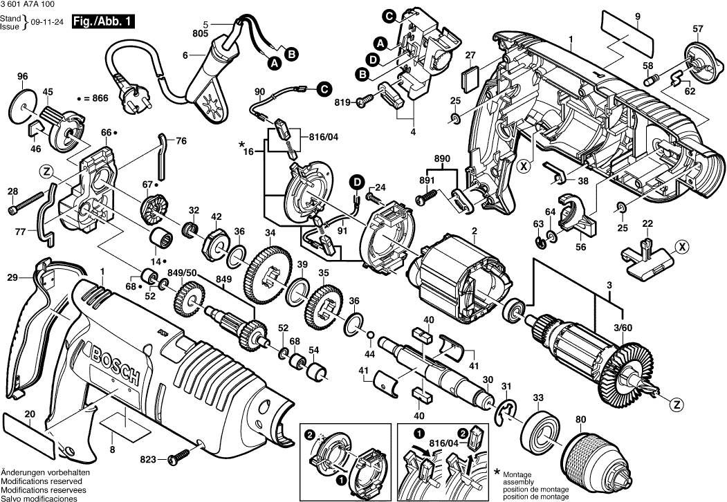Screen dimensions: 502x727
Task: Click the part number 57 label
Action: [697, 28]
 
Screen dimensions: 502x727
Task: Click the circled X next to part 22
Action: [682, 246]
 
